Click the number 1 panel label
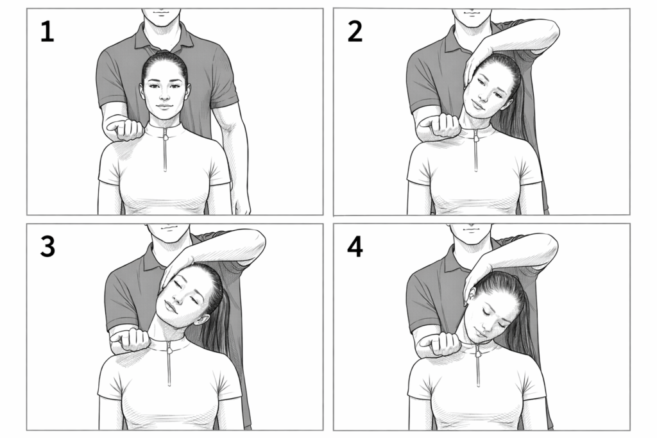(47, 32)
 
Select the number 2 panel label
(355, 31)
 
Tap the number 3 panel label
(47, 246)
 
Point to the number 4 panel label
(355, 246)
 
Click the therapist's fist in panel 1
(126, 128)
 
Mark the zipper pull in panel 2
(476, 137)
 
